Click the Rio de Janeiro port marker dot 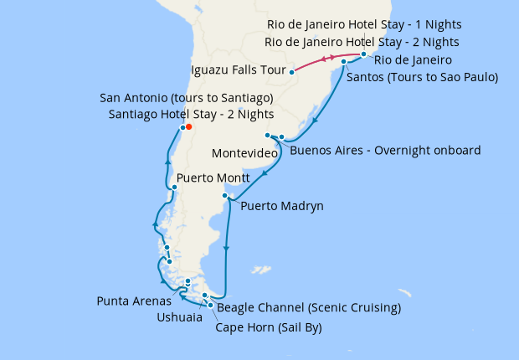click(x=364, y=54)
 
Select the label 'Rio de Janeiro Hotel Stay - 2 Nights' click(x=362, y=42)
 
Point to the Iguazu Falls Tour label click(x=239, y=69)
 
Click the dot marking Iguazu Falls click(x=291, y=72)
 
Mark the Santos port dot click(x=344, y=62)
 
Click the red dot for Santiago click(x=189, y=127)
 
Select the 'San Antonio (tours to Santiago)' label click(x=187, y=98)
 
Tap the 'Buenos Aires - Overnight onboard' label click(x=385, y=151)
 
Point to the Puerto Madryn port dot click(x=224, y=196)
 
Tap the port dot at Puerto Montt click(x=173, y=187)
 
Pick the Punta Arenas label click(x=134, y=301)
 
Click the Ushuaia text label click(x=179, y=317)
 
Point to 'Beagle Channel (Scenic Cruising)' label click(x=309, y=308)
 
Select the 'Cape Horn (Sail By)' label click(x=269, y=327)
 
